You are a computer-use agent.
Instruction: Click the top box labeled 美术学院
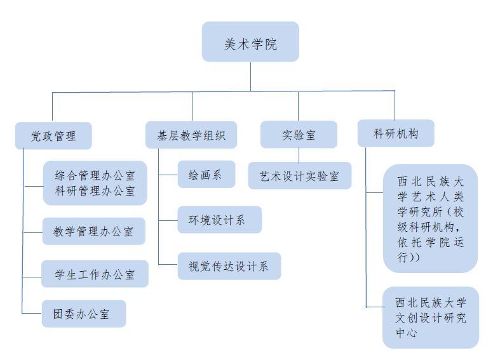pos(250,42)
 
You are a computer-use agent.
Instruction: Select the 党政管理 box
pos(53,135)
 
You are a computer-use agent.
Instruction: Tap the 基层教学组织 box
pos(191,135)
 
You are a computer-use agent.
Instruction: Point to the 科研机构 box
pos(396,133)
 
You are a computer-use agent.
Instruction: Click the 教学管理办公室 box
pos(94,232)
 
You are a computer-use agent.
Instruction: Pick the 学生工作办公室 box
pos(95,274)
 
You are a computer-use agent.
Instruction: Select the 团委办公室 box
pos(84,314)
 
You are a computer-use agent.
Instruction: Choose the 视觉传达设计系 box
pos(229,266)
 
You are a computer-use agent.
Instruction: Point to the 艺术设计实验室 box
pos(299,175)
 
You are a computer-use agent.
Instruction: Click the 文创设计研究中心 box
pos(431,317)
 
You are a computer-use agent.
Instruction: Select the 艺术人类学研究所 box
pos(430,217)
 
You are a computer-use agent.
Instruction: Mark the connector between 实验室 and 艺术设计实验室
pos(299,155)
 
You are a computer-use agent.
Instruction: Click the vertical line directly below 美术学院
pos(250,76)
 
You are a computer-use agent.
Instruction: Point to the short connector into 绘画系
pos(169,175)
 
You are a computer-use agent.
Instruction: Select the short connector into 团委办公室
pos(32,314)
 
